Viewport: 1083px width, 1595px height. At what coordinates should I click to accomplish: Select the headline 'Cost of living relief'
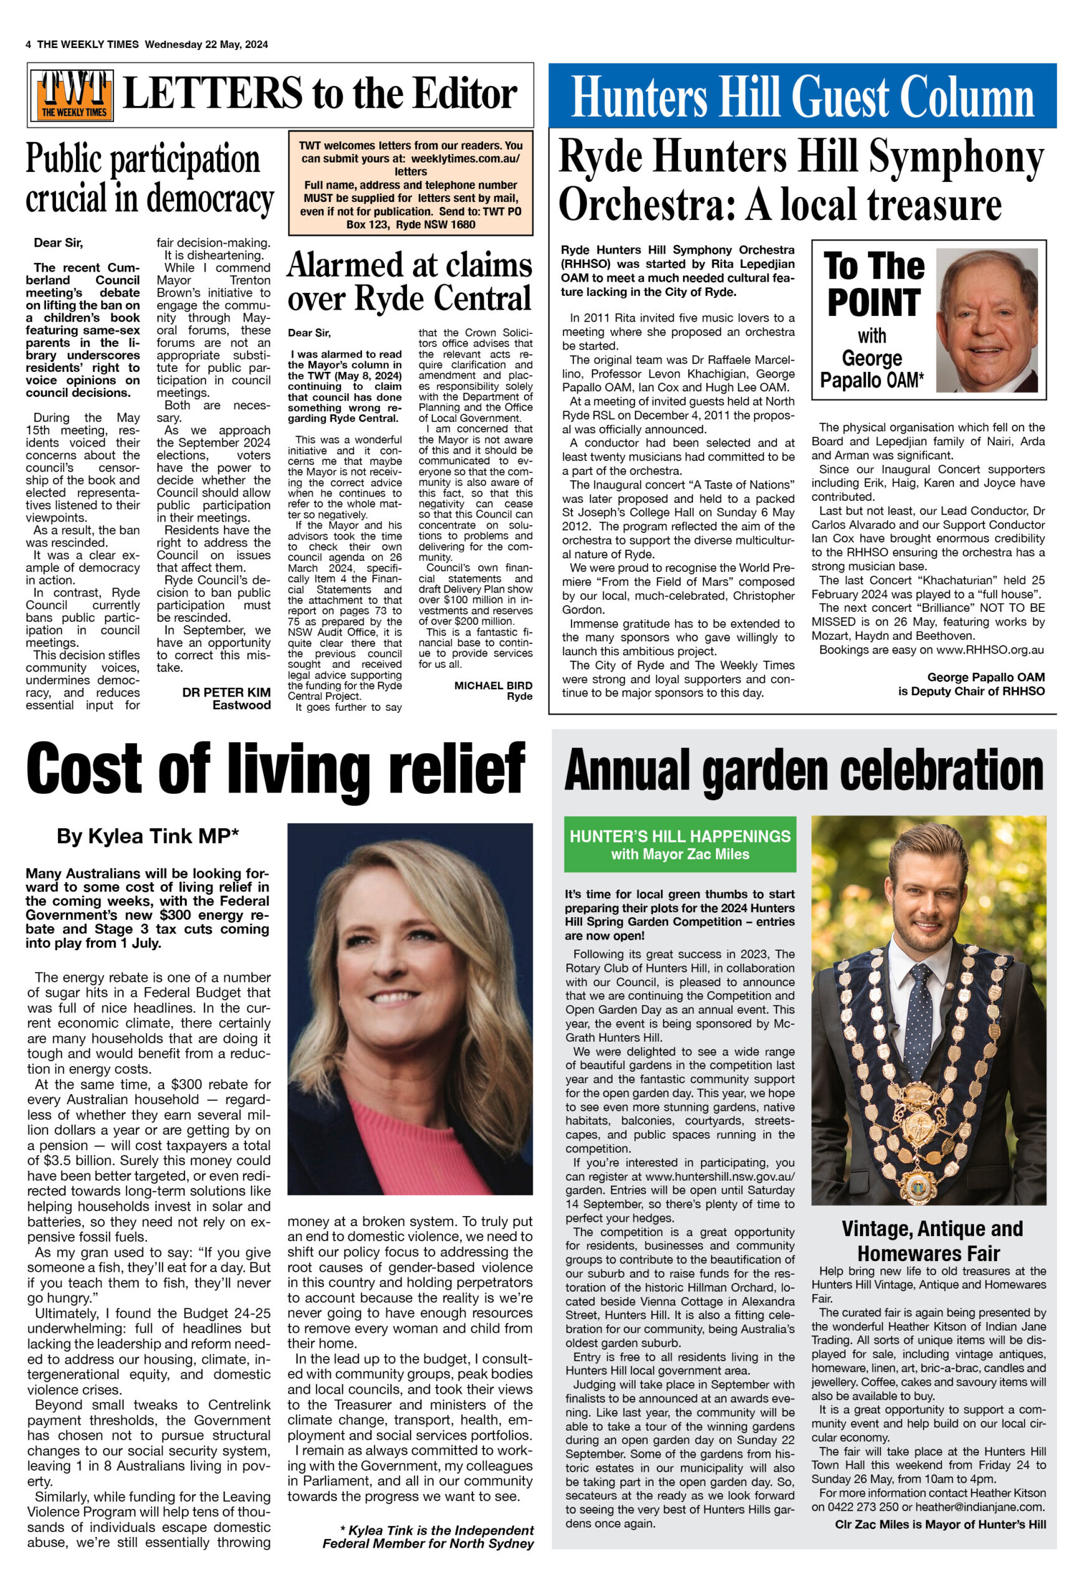pos(276,769)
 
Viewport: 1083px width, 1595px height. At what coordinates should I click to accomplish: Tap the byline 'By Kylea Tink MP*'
pos(148,836)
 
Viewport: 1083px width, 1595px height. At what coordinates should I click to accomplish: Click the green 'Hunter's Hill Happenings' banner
pos(679,844)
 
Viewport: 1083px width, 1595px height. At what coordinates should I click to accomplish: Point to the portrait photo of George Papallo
pos(987,320)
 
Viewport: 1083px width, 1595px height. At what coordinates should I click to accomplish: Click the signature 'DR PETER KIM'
pos(226,692)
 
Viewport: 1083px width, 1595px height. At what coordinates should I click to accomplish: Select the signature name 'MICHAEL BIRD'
pos(493,685)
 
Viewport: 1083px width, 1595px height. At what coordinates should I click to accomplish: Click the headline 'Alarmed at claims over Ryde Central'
pos(410,282)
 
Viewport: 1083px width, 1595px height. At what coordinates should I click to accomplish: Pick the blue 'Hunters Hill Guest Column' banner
pos(801,96)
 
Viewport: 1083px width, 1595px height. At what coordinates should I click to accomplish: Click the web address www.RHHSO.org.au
pos(990,649)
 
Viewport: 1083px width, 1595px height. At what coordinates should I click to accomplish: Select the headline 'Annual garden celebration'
pos(803,770)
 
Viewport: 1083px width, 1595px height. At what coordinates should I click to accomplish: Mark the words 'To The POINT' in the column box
pos(873,284)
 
